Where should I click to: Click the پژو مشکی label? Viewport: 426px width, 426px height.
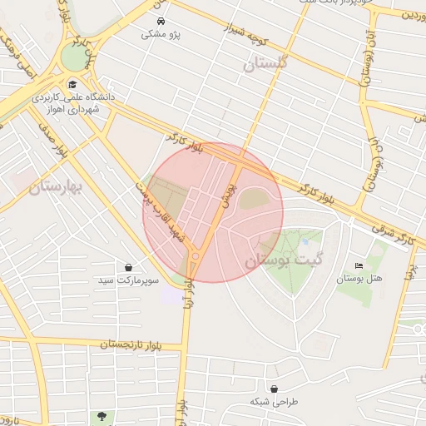(161, 34)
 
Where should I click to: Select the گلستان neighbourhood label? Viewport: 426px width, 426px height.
(265, 63)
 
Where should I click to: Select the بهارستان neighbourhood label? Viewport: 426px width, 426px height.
(56, 186)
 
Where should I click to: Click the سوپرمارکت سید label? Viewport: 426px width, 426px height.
(127, 280)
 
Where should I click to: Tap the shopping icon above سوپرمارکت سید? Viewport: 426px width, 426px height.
(129, 267)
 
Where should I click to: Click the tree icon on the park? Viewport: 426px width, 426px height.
(102, 415)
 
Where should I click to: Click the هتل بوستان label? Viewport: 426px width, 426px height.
(359, 279)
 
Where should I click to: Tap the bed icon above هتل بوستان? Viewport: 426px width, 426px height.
(359, 265)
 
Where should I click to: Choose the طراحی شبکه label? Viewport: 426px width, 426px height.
(274, 402)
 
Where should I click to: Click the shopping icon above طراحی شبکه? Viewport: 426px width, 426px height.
(274, 389)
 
